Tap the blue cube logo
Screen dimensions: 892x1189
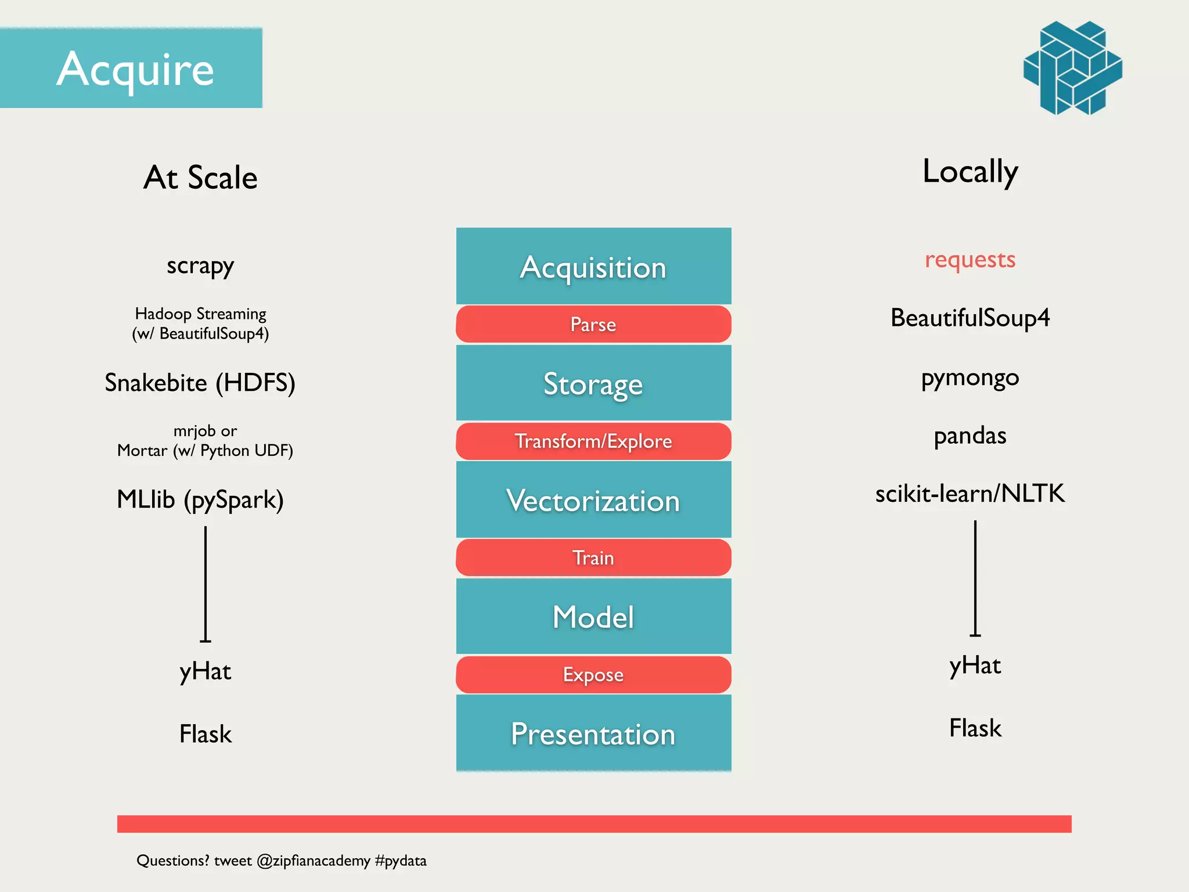(1072, 68)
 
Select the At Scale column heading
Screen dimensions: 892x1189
(200, 178)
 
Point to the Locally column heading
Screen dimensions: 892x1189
(970, 172)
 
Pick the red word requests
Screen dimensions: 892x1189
(970, 260)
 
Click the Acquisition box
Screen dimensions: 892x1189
(593, 267)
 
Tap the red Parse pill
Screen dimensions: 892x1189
(593, 324)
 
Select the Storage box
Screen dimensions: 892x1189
(593, 383)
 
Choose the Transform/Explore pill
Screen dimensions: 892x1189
(593, 441)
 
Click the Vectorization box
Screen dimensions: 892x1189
(593, 500)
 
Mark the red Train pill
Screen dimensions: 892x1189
(593, 557)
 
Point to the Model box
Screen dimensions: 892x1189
(593, 616)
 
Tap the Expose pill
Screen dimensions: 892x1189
(593, 675)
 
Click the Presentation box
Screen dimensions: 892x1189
(593, 733)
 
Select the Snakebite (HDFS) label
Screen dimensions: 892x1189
(200, 383)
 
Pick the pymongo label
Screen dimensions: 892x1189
(970, 378)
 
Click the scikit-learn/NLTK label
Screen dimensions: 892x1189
(970, 494)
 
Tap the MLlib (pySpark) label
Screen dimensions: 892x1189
(200, 499)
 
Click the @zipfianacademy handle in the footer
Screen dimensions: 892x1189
(313, 861)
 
